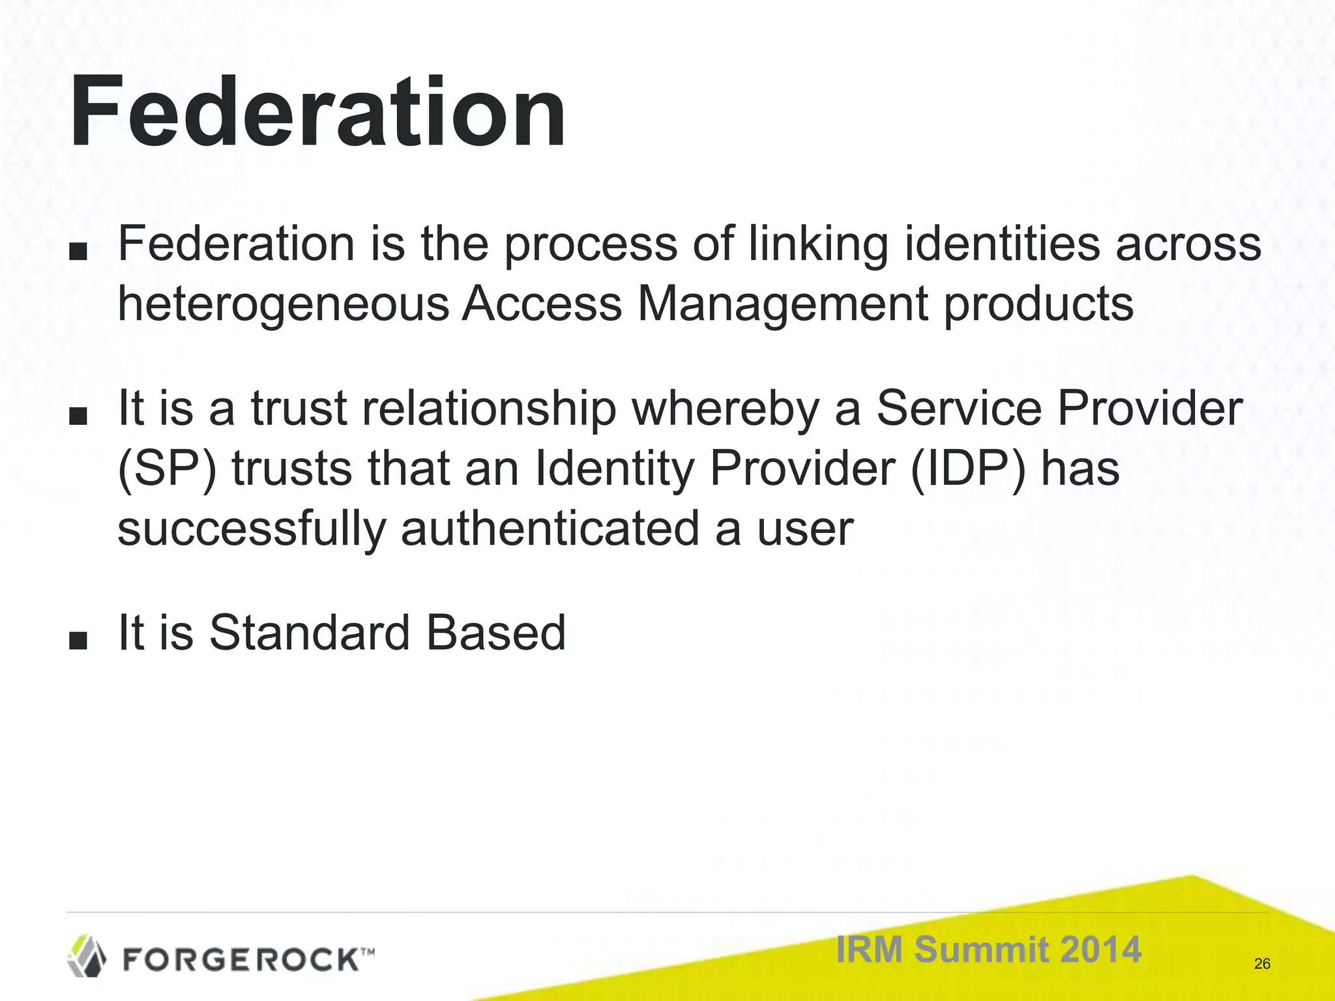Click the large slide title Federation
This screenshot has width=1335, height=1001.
pos(317,112)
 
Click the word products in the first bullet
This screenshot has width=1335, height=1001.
pos(1039,304)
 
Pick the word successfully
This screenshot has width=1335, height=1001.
pos(252,529)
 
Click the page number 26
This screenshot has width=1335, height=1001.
pos(1262,964)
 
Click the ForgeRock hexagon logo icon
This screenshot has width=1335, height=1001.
pos(87,955)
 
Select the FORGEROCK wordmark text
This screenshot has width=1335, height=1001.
pos(241,959)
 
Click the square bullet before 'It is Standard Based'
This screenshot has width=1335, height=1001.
pos(78,640)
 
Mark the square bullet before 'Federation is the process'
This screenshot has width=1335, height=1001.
pos(78,252)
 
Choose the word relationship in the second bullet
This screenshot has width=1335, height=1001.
pos(489,409)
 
